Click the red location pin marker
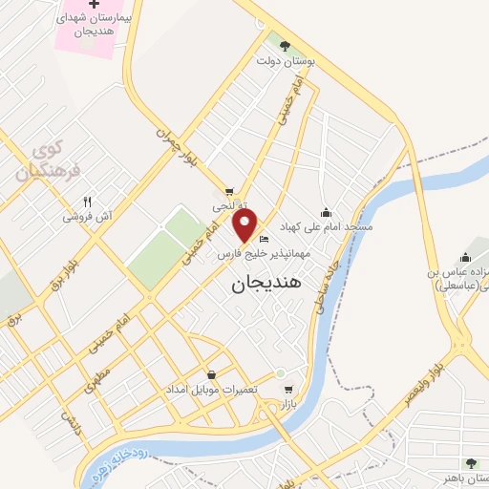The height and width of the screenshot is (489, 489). pyautogui.click(x=245, y=226)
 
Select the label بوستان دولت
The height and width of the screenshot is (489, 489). pyautogui.click(x=285, y=61)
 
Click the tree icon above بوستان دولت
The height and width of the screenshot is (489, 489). pyautogui.click(x=285, y=44)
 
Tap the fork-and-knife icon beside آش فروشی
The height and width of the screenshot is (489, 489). pyautogui.click(x=88, y=202)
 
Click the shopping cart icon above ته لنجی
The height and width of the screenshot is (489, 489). pyautogui.click(x=229, y=191)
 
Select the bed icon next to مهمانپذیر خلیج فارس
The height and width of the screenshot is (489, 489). pyautogui.click(x=265, y=239)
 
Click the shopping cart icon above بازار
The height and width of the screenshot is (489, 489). pyautogui.click(x=289, y=390)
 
